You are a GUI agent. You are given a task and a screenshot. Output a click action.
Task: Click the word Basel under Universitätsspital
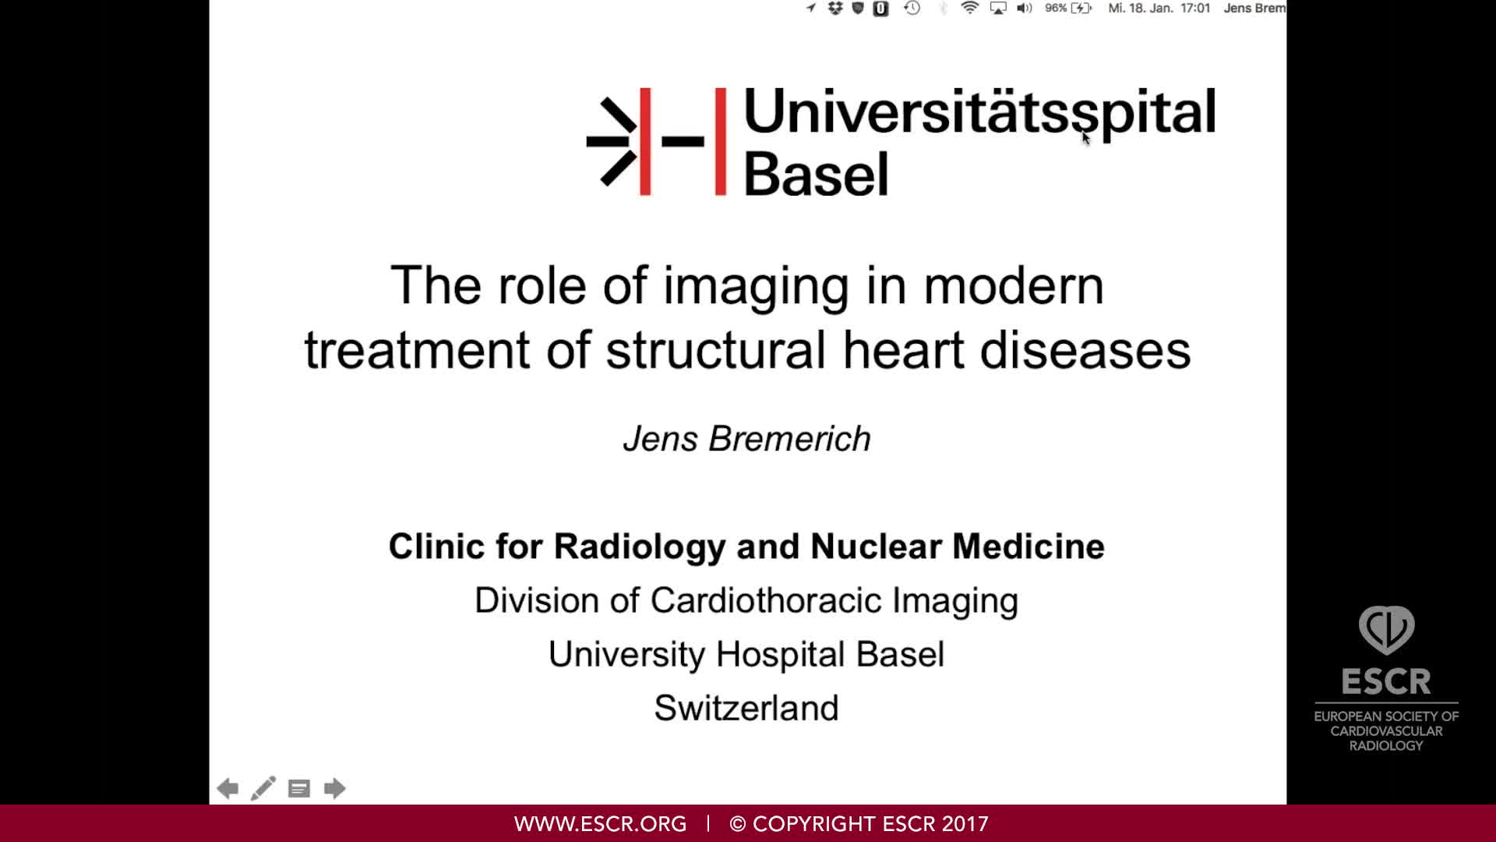(816, 174)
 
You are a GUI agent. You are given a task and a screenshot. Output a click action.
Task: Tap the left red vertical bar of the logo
(645, 141)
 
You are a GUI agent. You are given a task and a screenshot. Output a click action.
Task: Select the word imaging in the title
(755, 287)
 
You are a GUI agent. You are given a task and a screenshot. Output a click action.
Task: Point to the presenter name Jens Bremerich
(746, 439)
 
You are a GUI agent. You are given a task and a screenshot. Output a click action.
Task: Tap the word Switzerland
(746, 708)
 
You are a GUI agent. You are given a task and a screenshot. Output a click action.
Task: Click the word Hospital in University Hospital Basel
(781, 654)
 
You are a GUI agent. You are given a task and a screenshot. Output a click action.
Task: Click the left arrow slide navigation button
(228, 788)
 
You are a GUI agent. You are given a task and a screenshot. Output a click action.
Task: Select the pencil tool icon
(263, 788)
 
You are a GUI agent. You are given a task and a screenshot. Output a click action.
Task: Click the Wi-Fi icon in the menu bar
(969, 9)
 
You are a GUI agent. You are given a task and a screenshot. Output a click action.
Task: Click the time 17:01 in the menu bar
(1195, 9)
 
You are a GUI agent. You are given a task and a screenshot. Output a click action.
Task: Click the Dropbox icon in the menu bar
(835, 9)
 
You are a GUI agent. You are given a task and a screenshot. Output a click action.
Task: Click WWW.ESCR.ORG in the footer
(600, 824)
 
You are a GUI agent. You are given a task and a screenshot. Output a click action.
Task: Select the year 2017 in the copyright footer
(965, 824)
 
